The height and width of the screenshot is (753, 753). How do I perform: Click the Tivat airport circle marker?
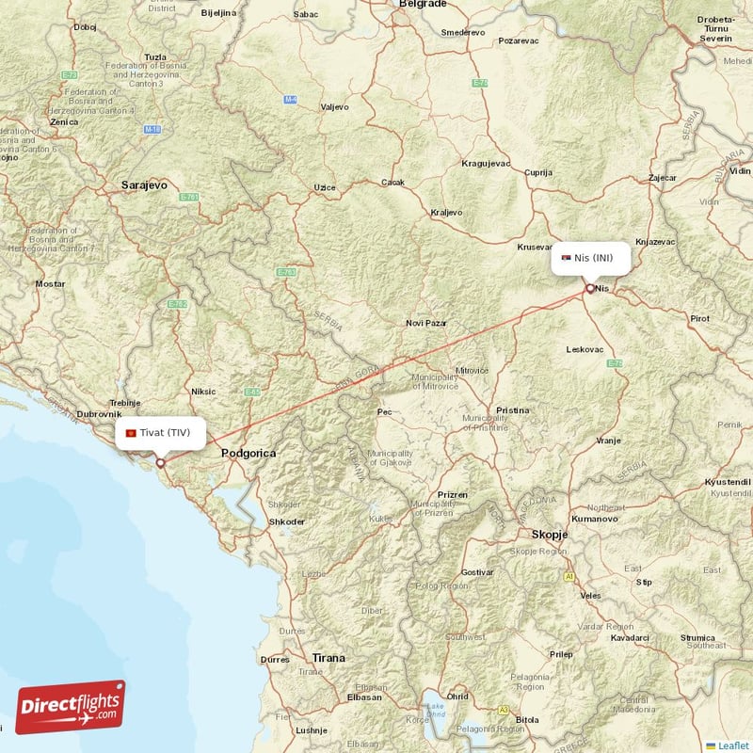(x=160, y=462)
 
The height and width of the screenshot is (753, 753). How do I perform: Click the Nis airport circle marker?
(x=590, y=289)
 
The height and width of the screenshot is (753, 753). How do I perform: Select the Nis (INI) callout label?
(x=590, y=258)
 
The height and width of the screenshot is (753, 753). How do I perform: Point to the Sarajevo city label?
(x=144, y=185)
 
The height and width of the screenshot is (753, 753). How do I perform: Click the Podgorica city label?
(x=248, y=454)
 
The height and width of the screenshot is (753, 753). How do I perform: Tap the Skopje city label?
(x=550, y=534)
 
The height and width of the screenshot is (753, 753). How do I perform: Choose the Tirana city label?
(x=328, y=658)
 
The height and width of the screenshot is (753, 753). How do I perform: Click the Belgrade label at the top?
(x=422, y=5)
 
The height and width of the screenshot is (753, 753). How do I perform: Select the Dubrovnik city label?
(x=100, y=413)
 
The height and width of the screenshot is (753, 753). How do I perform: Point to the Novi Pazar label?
(x=425, y=323)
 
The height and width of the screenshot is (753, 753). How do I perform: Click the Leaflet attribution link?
(x=732, y=745)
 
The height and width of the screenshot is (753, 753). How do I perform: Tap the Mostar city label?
(x=50, y=283)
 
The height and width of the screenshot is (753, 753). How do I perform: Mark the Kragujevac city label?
(x=486, y=163)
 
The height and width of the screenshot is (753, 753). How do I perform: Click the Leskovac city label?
(x=585, y=349)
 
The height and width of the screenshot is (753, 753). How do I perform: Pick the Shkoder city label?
(x=286, y=521)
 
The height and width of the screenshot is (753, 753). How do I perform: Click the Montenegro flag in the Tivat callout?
(x=131, y=433)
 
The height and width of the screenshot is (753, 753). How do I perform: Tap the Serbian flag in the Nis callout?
(x=566, y=258)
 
